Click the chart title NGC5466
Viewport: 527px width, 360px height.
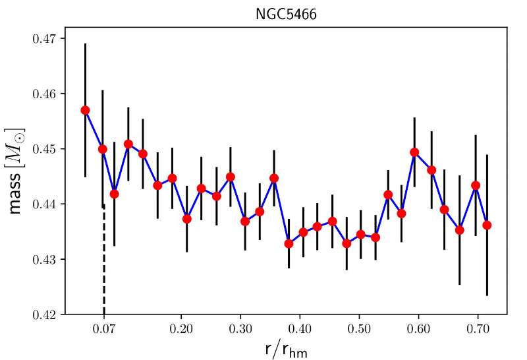(286, 14)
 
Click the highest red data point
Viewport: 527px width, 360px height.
(85, 110)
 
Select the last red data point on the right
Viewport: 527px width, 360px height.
(487, 225)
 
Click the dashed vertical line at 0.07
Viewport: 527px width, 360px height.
(104, 264)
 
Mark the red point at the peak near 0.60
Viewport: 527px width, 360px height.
(414, 152)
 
